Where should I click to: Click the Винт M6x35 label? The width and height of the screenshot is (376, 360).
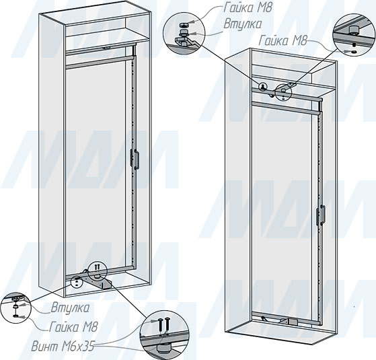tap(63, 347)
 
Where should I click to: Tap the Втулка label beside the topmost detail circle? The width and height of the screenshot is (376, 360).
tap(242, 24)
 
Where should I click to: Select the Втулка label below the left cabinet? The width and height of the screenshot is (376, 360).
tap(70, 308)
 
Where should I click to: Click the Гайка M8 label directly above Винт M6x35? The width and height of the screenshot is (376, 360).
tap(73, 327)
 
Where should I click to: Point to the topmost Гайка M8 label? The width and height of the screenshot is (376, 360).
tap(248, 8)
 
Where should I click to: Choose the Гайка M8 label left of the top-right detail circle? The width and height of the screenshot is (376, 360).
tap(283, 41)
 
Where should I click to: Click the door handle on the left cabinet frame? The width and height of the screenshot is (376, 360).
tap(135, 159)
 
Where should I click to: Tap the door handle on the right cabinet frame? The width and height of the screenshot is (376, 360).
tap(321, 215)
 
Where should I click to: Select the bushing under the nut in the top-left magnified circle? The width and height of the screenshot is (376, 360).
tap(184, 32)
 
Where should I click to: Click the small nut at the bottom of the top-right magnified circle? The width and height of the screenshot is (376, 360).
tap(353, 52)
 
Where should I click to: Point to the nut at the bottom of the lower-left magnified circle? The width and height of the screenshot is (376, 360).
tap(15, 316)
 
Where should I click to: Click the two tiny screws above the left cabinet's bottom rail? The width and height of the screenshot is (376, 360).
tap(97, 267)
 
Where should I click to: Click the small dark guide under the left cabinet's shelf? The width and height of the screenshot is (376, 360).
tap(107, 48)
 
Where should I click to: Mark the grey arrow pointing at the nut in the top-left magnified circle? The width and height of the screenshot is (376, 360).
tap(192, 22)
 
